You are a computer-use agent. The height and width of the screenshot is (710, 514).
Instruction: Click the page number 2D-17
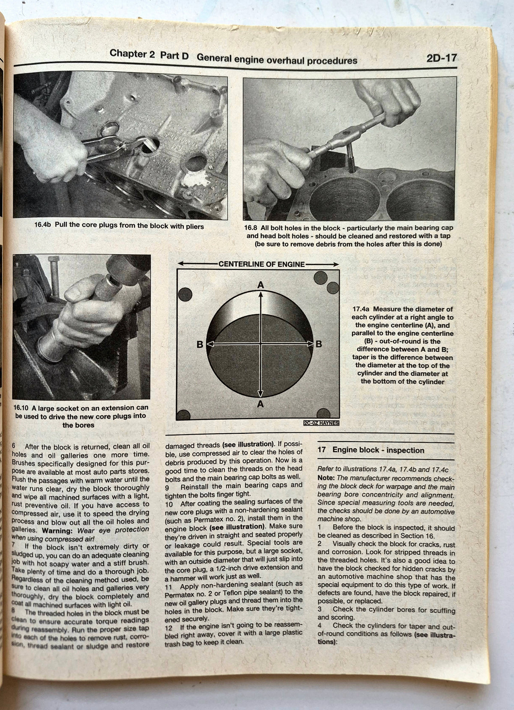click(x=442, y=58)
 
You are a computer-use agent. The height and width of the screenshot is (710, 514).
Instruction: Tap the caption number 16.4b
click(x=43, y=225)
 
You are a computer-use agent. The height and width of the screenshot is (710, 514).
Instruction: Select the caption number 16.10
click(x=22, y=408)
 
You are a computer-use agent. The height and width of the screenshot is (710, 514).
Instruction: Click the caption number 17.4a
click(x=362, y=309)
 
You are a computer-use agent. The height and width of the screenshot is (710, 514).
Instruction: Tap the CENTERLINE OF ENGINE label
click(x=261, y=264)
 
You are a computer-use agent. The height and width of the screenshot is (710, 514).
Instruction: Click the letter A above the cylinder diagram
click(x=260, y=285)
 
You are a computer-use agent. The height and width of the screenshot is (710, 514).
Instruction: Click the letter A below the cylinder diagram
click(x=260, y=404)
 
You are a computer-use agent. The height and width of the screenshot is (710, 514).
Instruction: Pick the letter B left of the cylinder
click(x=200, y=344)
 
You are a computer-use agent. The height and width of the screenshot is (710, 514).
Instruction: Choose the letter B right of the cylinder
click(x=319, y=344)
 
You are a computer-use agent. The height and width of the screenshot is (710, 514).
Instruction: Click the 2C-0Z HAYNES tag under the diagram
click(x=321, y=423)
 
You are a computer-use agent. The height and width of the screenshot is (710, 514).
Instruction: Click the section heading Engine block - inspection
click(x=378, y=450)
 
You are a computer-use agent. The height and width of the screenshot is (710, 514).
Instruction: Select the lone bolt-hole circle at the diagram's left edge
click(x=185, y=294)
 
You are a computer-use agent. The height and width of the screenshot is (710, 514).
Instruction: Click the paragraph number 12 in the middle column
click(x=168, y=627)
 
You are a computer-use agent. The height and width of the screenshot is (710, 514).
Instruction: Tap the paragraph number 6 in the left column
click(x=14, y=446)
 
